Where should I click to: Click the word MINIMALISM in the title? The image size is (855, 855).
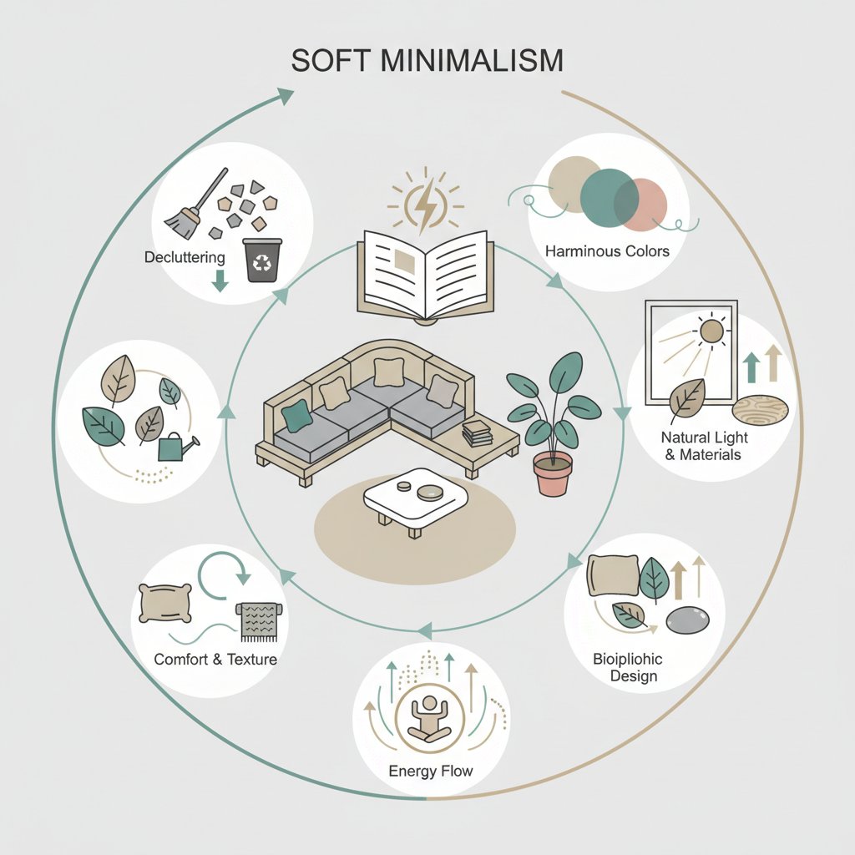[x=472, y=60]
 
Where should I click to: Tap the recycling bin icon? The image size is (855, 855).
[x=262, y=260]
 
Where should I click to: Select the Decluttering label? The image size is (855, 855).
[x=185, y=257]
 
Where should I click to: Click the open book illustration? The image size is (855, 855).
[x=425, y=276]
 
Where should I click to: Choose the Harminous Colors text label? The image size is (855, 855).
[x=607, y=250]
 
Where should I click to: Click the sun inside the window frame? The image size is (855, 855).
[x=711, y=331]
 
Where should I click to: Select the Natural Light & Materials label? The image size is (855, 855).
[x=704, y=446]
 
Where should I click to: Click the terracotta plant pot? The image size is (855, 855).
[x=553, y=473]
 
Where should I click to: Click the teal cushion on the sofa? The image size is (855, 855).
[x=296, y=416]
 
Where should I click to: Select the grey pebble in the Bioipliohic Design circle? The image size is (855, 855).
[x=688, y=620]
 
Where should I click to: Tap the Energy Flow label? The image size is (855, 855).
[x=430, y=771]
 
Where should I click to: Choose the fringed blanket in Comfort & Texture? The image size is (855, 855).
[x=259, y=621]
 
